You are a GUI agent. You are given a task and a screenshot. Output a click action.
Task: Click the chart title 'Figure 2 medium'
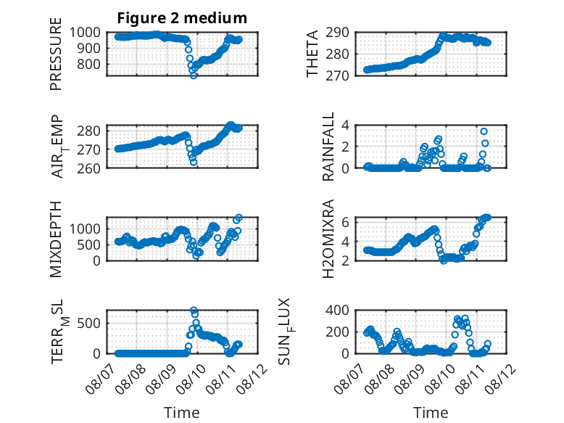pyautogui.click(x=182, y=18)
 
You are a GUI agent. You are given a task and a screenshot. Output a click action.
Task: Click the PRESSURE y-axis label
pyautogui.click(x=56, y=54)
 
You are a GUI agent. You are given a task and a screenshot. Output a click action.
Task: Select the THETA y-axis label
pyautogui.click(x=312, y=54)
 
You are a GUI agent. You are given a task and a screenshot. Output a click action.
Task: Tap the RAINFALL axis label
pyautogui.click(x=328, y=147)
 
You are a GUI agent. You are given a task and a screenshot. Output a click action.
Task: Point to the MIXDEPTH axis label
pyautogui.click(x=56, y=239)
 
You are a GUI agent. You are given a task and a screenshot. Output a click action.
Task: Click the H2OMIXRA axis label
pyautogui.click(x=328, y=239)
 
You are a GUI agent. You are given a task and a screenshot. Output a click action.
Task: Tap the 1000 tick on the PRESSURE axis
pyautogui.click(x=85, y=33)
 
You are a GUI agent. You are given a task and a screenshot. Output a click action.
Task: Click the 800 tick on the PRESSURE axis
pyautogui.click(x=89, y=65)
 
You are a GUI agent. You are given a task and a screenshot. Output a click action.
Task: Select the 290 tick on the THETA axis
pyautogui.click(x=337, y=33)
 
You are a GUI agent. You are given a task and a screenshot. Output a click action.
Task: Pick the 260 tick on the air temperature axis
pyautogui.click(x=89, y=168)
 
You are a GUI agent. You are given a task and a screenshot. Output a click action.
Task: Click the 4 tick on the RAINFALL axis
pyautogui.click(x=345, y=126)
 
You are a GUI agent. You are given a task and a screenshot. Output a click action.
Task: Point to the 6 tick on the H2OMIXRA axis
pyautogui.click(x=345, y=222)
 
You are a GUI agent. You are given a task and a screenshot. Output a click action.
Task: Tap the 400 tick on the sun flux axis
pyautogui.click(x=337, y=310)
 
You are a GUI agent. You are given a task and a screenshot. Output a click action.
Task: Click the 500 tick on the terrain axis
pyautogui.click(x=89, y=323)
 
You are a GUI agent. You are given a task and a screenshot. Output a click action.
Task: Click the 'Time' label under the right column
pyautogui.click(x=431, y=412)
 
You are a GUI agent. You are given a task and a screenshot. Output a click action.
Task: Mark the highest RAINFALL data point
pyautogui.click(x=484, y=131)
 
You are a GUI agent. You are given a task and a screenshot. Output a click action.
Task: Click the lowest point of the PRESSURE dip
pyautogui.click(x=194, y=75)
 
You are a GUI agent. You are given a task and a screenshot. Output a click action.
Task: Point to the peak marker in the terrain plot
pyautogui.click(x=194, y=310)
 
